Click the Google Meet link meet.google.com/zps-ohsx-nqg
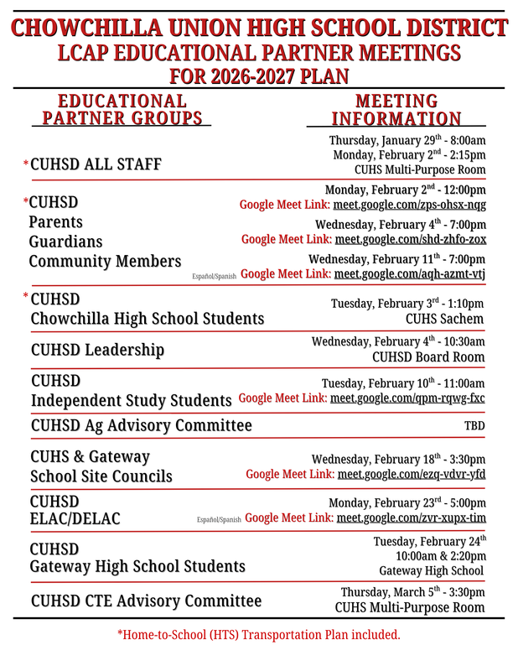(x=409, y=205)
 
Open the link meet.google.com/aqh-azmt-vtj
(x=409, y=274)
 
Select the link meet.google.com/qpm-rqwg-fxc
(x=407, y=398)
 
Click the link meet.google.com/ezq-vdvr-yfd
(x=411, y=475)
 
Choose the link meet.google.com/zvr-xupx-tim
(x=411, y=518)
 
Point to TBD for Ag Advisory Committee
(x=474, y=426)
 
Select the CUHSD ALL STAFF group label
(x=96, y=164)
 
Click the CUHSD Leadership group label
(x=97, y=349)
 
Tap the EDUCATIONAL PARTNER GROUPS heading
(x=122, y=110)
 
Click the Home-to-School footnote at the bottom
(x=258, y=635)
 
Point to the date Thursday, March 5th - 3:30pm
(x=412, y=592)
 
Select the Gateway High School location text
(x=431, y=571)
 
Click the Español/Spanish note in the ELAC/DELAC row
(x=219, y=520)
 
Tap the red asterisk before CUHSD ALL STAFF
(x=26, y=164)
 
